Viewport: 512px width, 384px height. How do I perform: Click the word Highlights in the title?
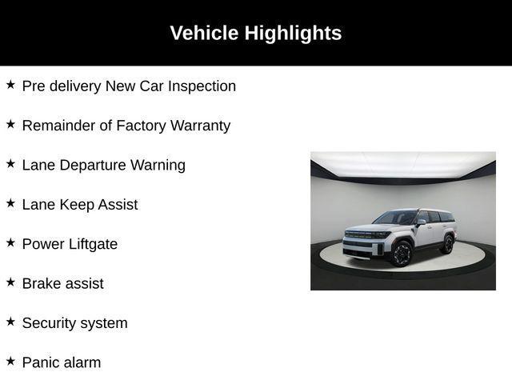(x=293, y=33)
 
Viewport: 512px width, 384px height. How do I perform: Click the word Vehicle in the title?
(x=204, y=33)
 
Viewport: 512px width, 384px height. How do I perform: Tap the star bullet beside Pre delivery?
(x=10, y=85)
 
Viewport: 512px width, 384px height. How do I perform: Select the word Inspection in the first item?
(x=201, y=86)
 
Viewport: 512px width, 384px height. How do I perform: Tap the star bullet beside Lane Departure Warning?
(x=10, y=164)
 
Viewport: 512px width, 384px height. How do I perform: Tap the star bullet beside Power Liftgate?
(x=10, y=242)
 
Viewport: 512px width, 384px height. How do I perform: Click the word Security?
(x=50, y=323)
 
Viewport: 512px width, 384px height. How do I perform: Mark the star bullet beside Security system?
(x=10, y=322)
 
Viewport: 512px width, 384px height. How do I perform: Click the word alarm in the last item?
(x=82, y=362)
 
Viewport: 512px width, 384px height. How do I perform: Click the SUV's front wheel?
(x=401, y=253)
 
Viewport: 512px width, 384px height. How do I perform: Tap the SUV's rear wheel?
(x=447, y=242)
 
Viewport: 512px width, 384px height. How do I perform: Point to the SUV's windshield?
(x=395, y=218)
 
